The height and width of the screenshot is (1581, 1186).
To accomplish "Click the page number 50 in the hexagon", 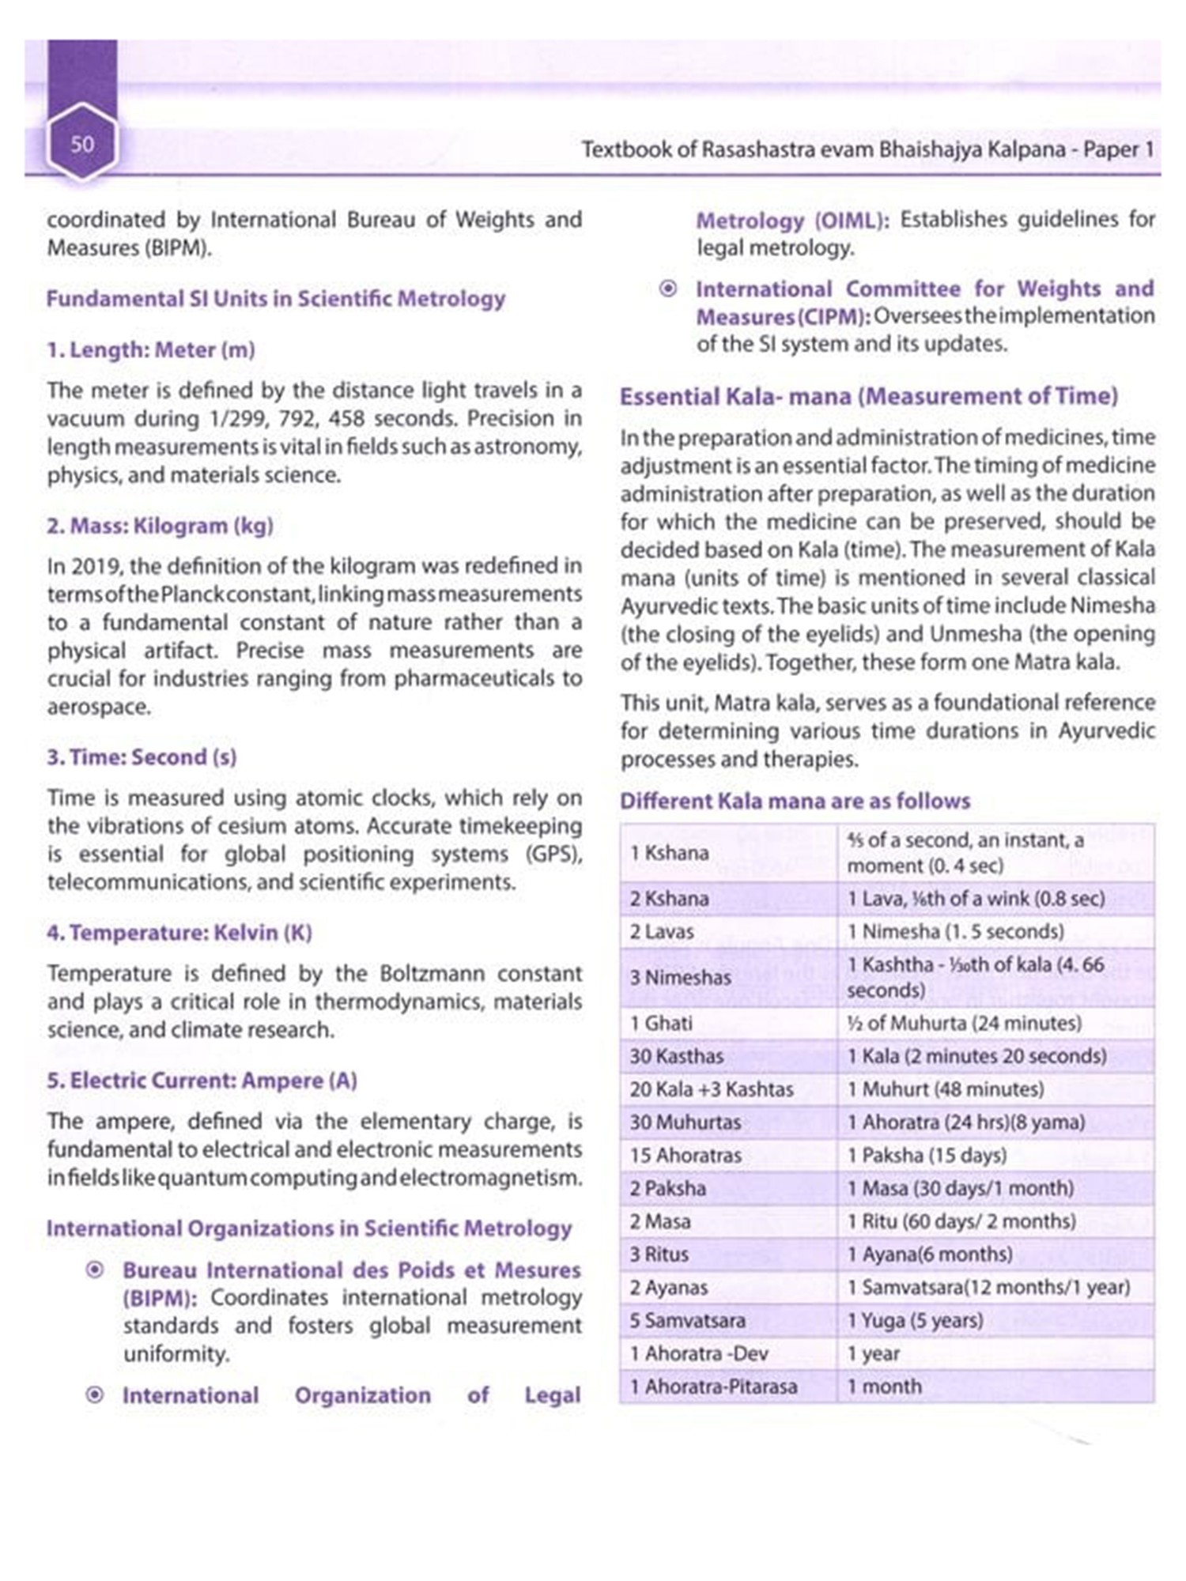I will pyautogui.click(x=82, y=144).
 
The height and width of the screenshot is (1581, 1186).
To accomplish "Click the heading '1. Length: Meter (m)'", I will pyautogui.click(x=150, y=349).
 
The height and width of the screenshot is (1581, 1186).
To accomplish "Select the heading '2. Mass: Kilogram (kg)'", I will pyautogui.click(x=160, y=526).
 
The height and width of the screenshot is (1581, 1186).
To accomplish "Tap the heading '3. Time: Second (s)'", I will pyautogui.click(x=142, y=757).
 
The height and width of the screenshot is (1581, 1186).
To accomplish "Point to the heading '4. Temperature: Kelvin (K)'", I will pyautogui.click(x=179, y=933).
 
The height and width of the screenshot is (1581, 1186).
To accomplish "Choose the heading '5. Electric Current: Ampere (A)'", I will pyautogui.click(x=202, y=1081).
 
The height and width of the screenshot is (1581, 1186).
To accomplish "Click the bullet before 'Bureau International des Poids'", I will pyautogui.click(x=94, y=1270).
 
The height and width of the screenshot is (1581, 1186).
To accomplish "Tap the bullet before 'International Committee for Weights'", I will pyautogui.click(x=668, y=289).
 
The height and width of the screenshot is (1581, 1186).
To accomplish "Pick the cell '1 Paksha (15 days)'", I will pyautogui.click(x=927, y=1156).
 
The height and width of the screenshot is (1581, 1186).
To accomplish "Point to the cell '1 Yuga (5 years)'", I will pyautogui.click(x=915, y=1321).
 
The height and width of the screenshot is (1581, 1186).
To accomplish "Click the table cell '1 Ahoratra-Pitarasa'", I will pyautogui.click(x=713, y=1387).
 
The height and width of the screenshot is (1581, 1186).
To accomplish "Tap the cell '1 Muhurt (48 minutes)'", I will pyautogui.click(x=945, y=1089).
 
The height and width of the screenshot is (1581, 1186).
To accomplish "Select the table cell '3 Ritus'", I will pyautogui.click(x=659, y=1255).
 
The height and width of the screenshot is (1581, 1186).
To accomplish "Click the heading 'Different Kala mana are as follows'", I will pyautogui.click(x=795, y=801).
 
